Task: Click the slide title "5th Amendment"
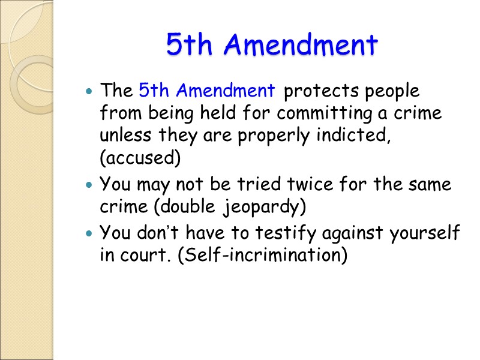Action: (272, 45)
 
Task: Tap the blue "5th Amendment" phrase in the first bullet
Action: (207, 91)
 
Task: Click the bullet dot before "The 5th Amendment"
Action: (89, 92)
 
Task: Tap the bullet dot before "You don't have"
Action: (89, 233)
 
